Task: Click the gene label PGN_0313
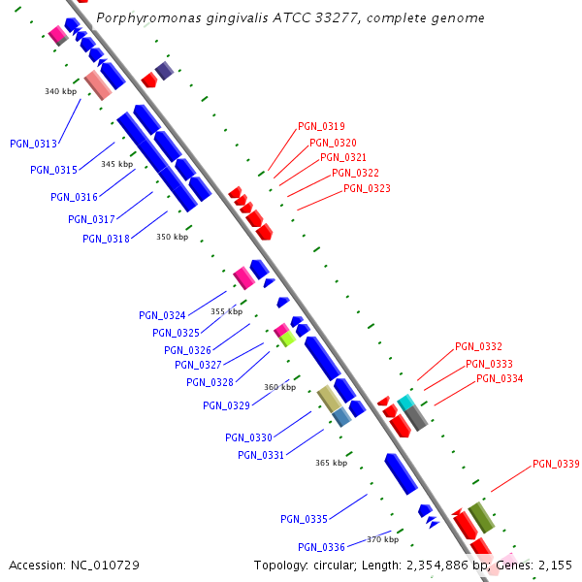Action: point(33,144)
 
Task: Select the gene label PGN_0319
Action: point(321,126)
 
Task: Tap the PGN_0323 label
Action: point(367,189)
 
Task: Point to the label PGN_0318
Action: point(106,239)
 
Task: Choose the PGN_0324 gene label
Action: point(162,315)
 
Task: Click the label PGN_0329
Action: point(226,405)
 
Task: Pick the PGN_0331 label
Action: point(261,455)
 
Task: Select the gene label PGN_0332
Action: point(478,347)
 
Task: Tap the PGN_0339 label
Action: point(556,465)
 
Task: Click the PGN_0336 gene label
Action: point(321,547)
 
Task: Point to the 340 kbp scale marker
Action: point(60,91)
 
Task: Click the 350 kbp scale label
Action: point(172,237)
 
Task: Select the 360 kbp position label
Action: point(279,387)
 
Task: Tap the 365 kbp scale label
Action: point(331,463)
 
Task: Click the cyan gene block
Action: point(405,402)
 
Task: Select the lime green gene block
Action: point(287,339)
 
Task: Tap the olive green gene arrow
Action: point(481,516)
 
